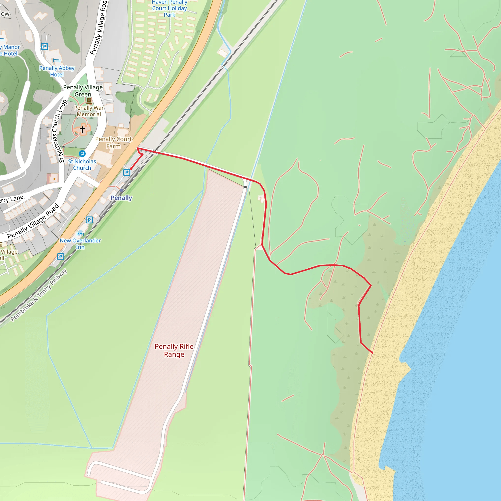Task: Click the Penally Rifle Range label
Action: click(174, 350)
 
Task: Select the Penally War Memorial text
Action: click(89, 111)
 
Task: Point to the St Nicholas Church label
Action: click(82, 165)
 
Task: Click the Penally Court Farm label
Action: click(114, 143)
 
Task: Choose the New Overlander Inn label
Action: click(80, 244)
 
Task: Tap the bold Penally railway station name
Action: click(121, 198)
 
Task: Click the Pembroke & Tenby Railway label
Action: click(39, 295)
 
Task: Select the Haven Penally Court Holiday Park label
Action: click(169, 9)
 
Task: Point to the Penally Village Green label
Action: click(83, 91)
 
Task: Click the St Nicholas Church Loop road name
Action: click(59, 131)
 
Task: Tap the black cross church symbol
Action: click(82, 129)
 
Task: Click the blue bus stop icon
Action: click(82, 154)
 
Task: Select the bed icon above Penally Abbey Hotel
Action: click(57, 60)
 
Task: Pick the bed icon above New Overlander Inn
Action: click(80, 233)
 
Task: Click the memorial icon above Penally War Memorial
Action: click(89, 100)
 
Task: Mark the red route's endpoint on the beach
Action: click(372, 353)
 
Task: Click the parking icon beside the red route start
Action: click(126, 172)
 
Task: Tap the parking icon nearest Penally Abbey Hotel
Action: click(45, 46)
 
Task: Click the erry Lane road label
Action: click(12, 200)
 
